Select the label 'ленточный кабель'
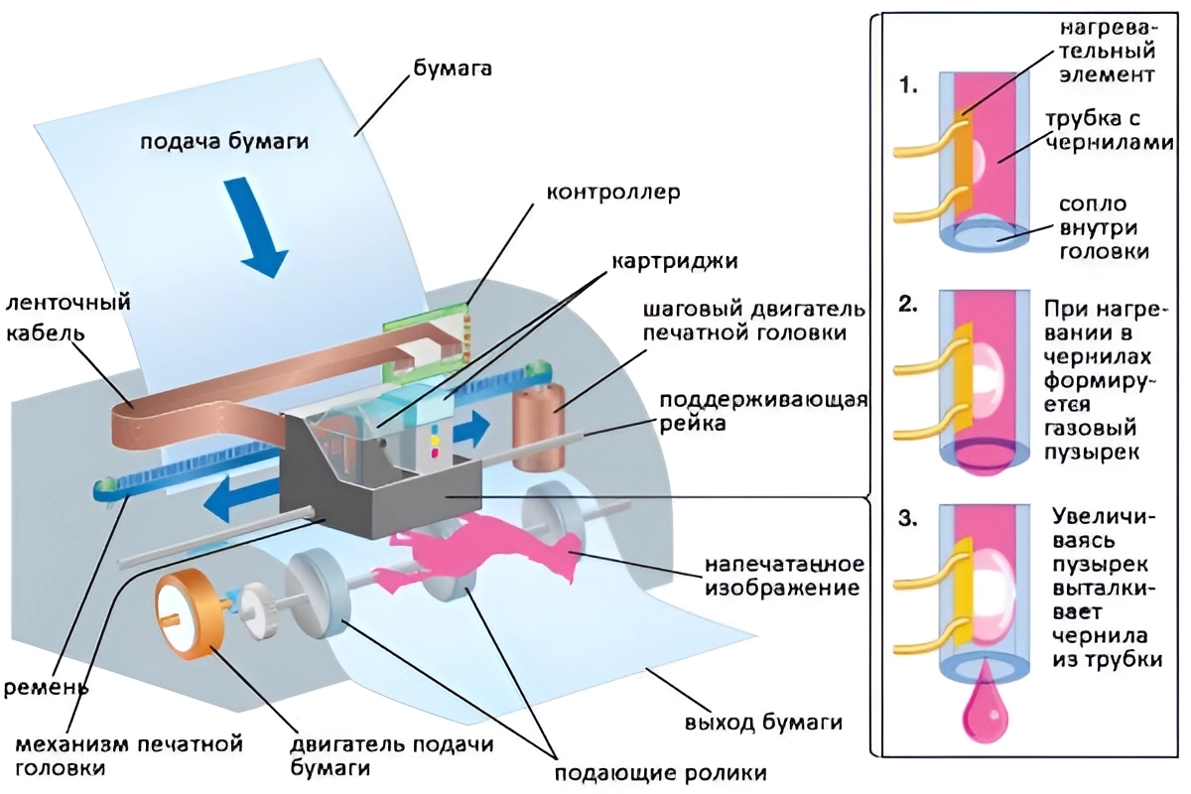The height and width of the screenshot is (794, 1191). pos(67,317)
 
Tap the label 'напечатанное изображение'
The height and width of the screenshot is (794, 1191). pos(784,577)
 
